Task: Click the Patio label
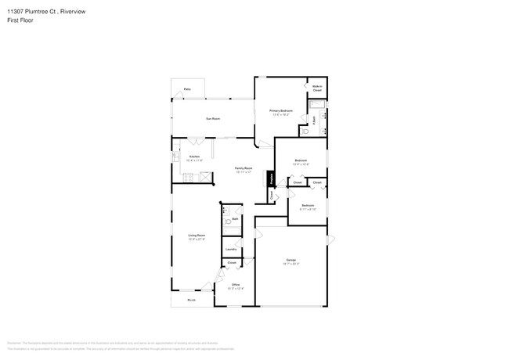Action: point(187,90)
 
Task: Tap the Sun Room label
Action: point(211,119)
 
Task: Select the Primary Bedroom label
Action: point(281,112)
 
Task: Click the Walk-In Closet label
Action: point(317,88)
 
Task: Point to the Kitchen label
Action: point(194,157)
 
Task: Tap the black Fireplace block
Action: point(272,179)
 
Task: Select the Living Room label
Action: point(196,236)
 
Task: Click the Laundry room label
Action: point(231,250)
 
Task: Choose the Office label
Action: point(235,286)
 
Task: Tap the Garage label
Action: point(290,261)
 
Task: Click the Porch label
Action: point(191,301)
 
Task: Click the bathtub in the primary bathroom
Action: point(317,104)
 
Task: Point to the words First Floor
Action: point(21,20)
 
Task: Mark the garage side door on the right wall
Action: point(329,239)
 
